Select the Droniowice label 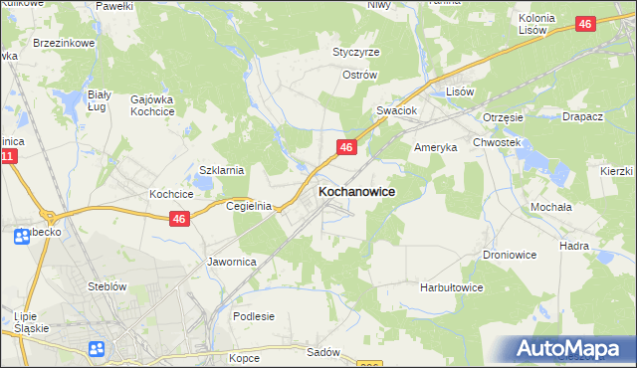tap(511, 255)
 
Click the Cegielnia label tap(249, 206)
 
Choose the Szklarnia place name tap(222, 170)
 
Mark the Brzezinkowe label tap(63, 44)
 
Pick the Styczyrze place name tap(356, 52)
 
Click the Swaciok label tap(395, 110)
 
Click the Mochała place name tap(550, 207)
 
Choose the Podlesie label tap(253, 316)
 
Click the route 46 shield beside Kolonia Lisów tap(585, 23)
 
